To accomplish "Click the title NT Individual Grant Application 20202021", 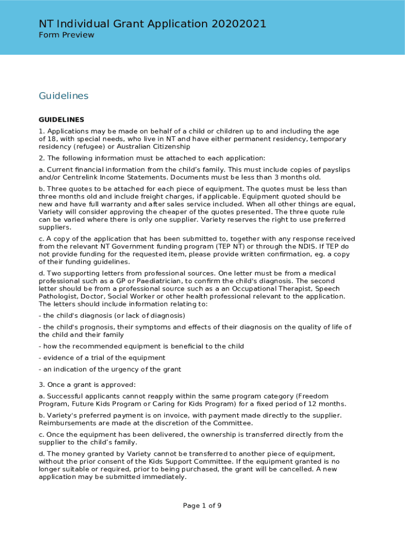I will click(153, 24).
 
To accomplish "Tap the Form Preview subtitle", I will click(66, 35).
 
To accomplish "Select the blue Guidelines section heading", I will click(64, 96).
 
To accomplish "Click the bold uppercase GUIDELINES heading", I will click(62, 119).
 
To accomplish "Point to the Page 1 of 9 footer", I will click(202, 506).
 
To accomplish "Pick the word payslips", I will click(333, 169).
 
